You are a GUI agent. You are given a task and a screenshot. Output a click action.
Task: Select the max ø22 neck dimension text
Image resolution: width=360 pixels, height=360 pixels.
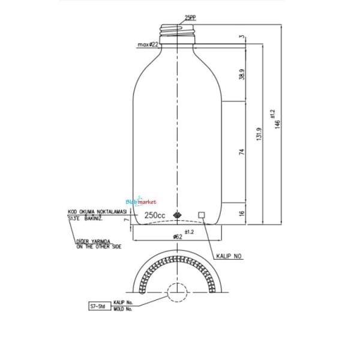(147, 44)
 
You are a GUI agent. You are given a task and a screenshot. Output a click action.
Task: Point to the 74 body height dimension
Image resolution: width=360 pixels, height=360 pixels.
(242, 152)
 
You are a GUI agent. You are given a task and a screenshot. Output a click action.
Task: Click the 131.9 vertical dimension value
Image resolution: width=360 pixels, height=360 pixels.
(259, 133)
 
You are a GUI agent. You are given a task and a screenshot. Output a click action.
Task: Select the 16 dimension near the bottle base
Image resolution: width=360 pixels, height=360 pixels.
(242, 214)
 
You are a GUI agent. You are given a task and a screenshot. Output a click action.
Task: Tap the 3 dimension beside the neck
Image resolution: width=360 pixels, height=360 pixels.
(242, 37)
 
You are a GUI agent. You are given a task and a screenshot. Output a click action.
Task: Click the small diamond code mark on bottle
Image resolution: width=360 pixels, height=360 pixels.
(178, 215)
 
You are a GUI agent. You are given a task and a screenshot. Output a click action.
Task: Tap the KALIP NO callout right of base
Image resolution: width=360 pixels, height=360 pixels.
(229, 256)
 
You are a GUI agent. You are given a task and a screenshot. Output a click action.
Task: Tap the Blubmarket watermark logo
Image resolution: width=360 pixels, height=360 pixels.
(142, 203)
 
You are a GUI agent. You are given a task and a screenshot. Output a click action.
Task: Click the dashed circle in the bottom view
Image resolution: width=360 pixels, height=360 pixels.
(178, 292)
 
